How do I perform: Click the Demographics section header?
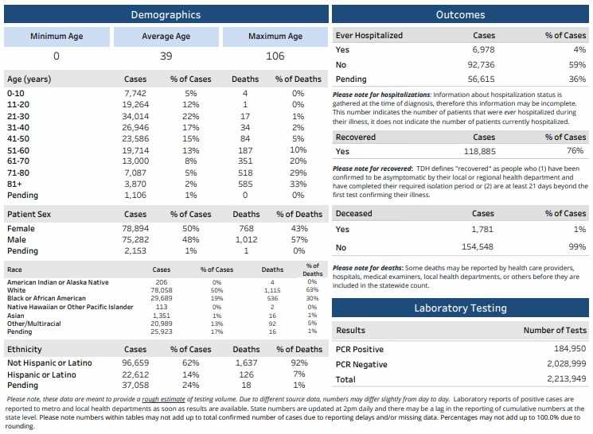[166, 14]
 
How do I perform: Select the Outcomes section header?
[461, 14]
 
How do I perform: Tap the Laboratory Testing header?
[461, 308]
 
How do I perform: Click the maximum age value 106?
[275, 56]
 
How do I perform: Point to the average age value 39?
[166, 56]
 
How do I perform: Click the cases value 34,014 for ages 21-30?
[135, 116]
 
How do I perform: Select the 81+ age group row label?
[15, 184]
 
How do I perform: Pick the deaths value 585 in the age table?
[244, 184]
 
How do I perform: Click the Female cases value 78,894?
[135, 228]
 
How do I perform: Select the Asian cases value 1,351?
[162, 315]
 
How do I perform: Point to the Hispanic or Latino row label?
[42, 374]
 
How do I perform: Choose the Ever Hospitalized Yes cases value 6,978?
[483, 49]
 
